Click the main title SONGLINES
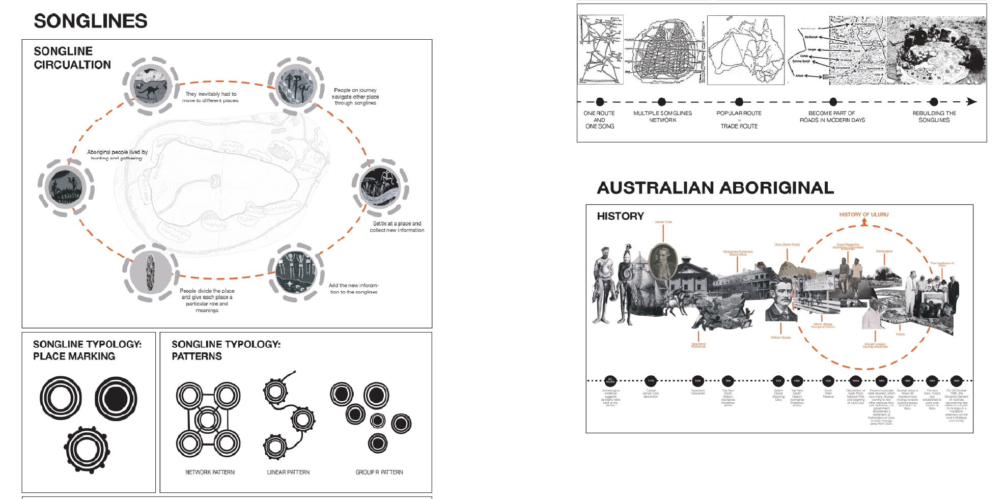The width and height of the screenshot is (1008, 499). pos(91,21)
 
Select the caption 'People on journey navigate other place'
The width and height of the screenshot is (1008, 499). pos(355,96)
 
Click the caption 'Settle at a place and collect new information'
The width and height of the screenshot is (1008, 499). pos(397,227)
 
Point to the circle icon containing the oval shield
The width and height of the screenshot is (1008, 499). pos(151,272)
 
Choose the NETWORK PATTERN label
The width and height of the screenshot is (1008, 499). pos(210,473)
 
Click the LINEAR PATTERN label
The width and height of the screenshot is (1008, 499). pos(288,473)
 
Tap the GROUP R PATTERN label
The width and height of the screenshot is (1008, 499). pos(379,473)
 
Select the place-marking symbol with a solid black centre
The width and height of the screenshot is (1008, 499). pos(116,399)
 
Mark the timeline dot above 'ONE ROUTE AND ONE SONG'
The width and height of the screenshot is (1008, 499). pos(600,102)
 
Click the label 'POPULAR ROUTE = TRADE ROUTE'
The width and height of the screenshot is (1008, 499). pos(739,120)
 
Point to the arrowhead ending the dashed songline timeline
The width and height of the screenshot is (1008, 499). pos(972,102)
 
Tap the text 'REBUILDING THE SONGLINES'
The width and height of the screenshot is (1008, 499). pos(934,117)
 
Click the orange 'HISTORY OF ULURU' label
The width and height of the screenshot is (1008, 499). pos(864,215)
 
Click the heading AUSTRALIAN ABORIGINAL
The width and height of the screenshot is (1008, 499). pos(715,188)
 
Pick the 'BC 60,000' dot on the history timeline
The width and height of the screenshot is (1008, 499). pos(610,381)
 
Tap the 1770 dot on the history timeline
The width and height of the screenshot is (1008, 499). pos(651,381)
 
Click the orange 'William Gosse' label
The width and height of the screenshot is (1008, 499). pos(781,338)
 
